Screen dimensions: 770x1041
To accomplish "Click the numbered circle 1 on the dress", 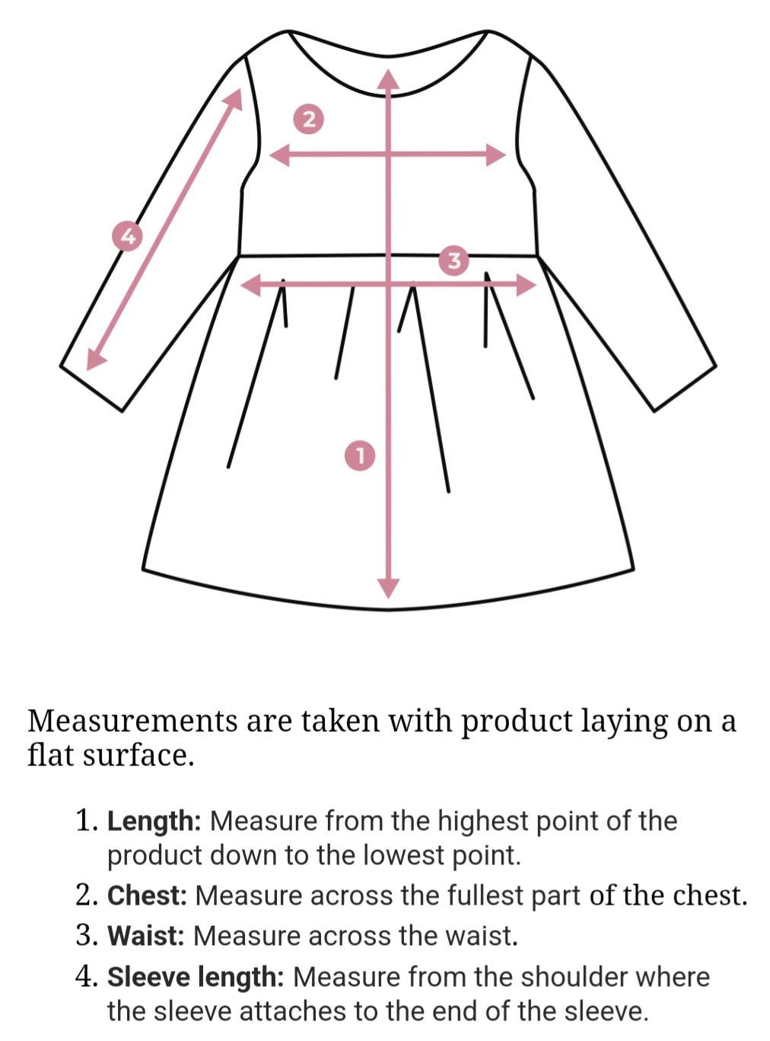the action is point(360,455).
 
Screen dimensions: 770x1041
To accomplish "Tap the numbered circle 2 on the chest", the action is point(309,120).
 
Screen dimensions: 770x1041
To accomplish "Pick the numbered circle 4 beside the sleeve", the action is point(128,237).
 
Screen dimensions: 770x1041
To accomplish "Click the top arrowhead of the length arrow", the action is point(388,79).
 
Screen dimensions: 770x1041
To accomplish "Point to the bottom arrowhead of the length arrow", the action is point(388,589).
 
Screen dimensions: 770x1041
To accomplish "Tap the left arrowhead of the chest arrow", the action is point(281,155).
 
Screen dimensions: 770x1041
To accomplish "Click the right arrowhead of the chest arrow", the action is point(496,155).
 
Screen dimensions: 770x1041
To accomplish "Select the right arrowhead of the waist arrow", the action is point(527,285).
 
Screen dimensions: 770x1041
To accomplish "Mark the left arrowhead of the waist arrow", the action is point(250,285).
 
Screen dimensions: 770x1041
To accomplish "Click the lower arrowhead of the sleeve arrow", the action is point(95,359).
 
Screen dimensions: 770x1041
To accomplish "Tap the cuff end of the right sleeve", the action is point(685,388).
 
